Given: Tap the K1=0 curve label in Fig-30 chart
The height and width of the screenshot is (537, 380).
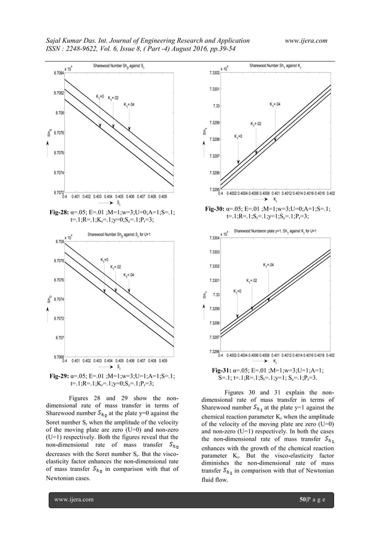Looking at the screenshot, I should point(238,136).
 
